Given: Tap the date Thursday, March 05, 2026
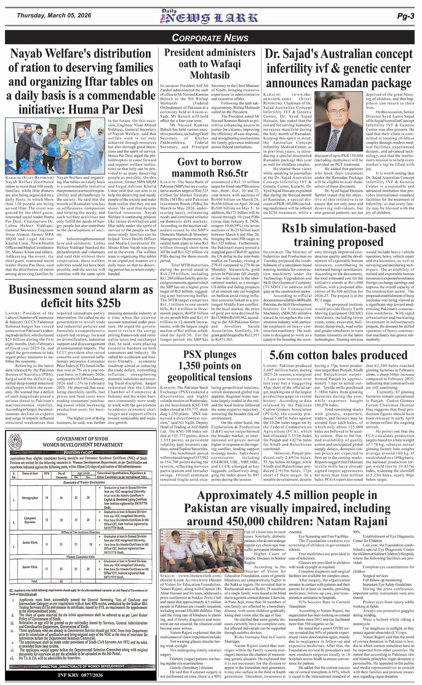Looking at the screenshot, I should (54, 15).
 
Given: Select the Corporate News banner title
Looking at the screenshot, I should (210, 38).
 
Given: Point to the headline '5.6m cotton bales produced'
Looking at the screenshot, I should (338, 355).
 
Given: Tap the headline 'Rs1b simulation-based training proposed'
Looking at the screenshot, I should (338, 235).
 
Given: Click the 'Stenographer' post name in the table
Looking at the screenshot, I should (30, 498).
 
